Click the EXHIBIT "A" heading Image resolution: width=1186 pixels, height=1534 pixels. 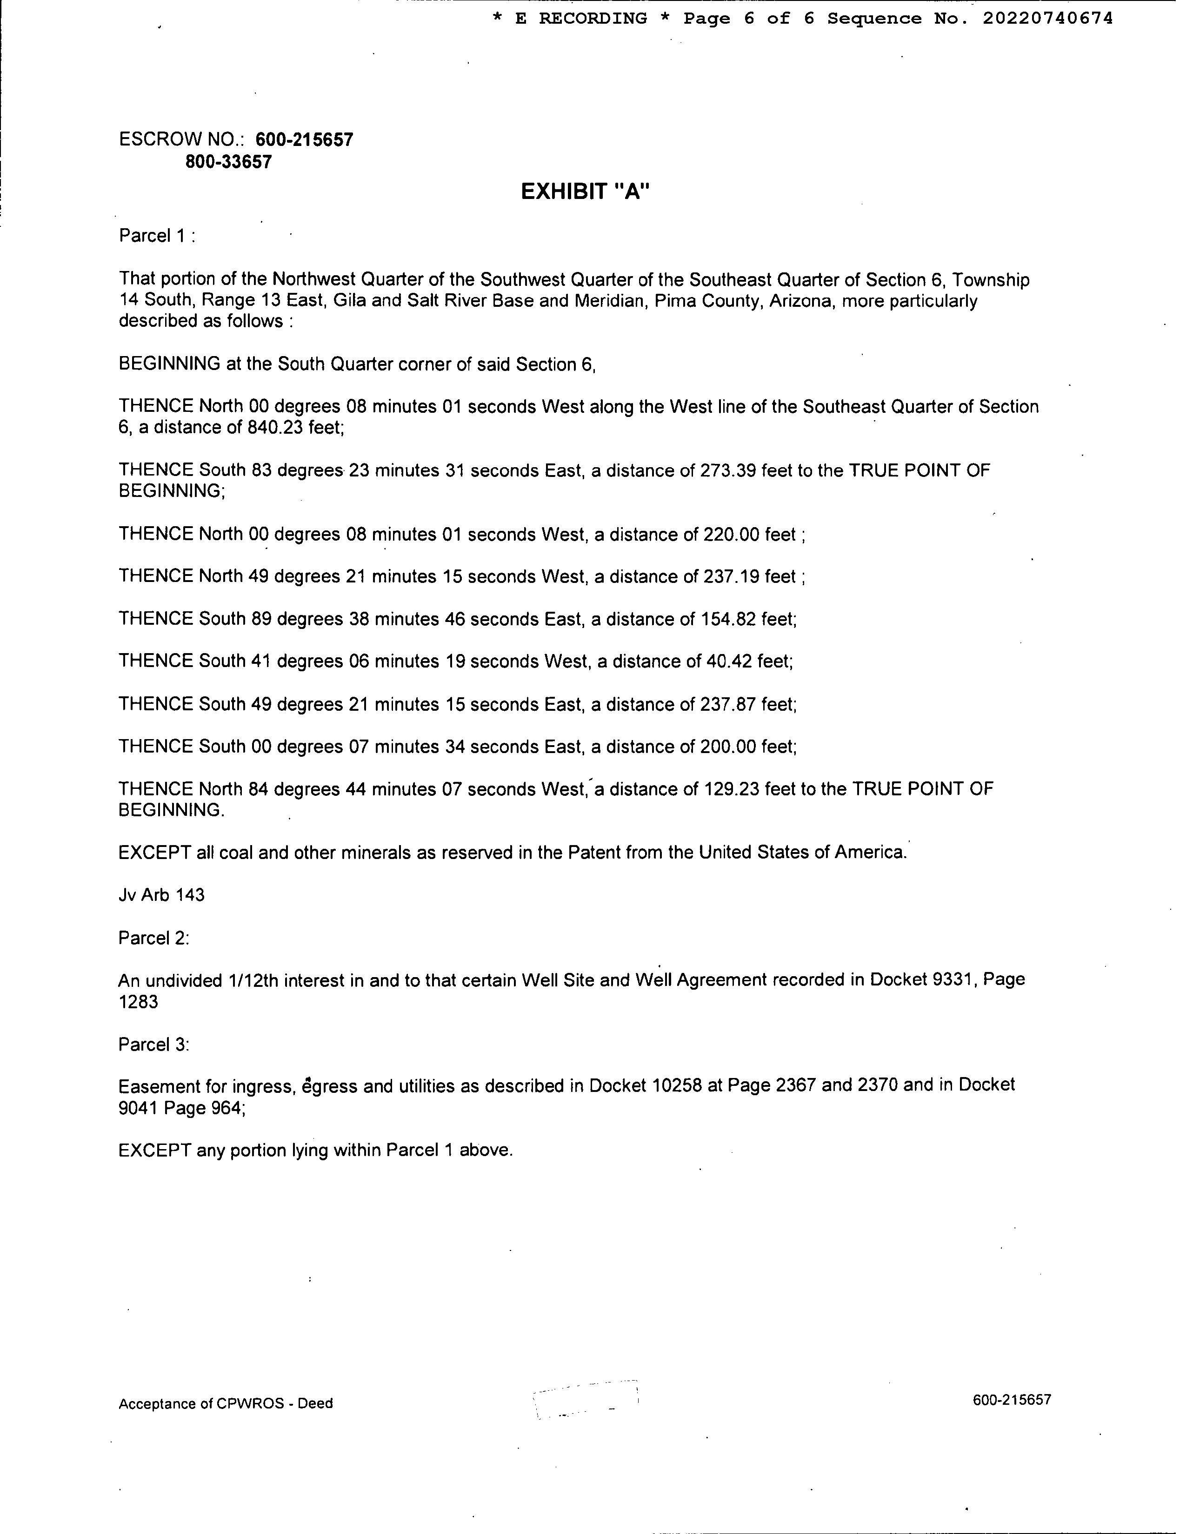point(585,192)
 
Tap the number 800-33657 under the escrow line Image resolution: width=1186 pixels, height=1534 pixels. point(228,162)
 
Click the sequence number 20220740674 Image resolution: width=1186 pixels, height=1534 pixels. point(1047,19)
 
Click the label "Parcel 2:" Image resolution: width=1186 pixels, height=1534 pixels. point(154,939)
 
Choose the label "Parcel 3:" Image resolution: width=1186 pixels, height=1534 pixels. point(154,1045)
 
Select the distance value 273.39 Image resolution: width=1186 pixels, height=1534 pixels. point(729,470)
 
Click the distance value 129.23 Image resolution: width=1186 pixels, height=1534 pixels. point(729,789)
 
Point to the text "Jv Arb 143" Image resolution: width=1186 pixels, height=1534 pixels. point(161,895)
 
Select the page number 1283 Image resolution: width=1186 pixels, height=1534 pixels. point(139,1002)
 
